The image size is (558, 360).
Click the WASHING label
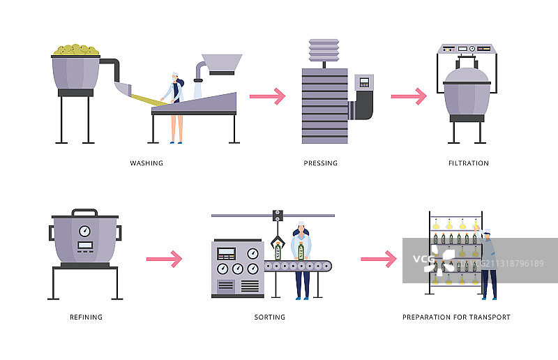pyautogui.click(x=146, y=163)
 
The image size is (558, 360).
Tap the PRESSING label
pyautogui.click(x=321, y=163)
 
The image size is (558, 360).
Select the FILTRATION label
pyautogui.click(x=469, y=163)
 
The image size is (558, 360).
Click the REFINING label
pyautogui.click(x=86, y=317)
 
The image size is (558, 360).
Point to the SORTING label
pyautogui.click(x=270, y=317)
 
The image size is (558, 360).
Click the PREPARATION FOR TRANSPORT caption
pyautogui.click(x=456, y=317)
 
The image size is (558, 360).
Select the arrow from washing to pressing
pyautogui.click(x=268, y=96)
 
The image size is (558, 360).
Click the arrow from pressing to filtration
pyautogui.click(x=409, y=96)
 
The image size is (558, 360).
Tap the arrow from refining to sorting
pyautogui.click(x=164, y=260)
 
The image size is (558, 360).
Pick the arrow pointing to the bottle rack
pyautogui.click(x=378, y=260)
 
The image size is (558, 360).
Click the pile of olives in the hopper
pyautogui.click(x=77, y=50)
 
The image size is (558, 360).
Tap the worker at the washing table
pyautogui.click(x=174, y=105)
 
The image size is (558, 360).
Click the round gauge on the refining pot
pyautogui.click(x=85, y=230)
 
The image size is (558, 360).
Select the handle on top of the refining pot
pyautogui.click(x=84, y=211)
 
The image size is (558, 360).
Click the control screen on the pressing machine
pyautogui.click(x=363, y=82)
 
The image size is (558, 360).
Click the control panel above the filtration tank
pyautogui.click(x=467, y=49)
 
